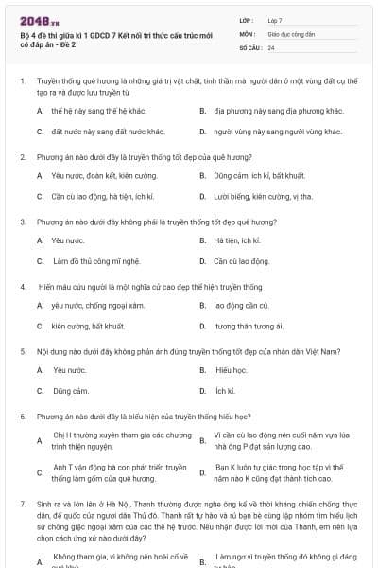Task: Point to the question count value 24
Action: [x=271, y=47]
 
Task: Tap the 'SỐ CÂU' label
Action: [x=249, y=47]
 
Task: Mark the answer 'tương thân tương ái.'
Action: [x=249, y=327]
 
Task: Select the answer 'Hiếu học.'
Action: [x=231, y=370]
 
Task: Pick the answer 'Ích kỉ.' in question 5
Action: [x=225, y=391]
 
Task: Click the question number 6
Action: [x=22, y=416]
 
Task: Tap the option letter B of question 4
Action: [x=202, y=306]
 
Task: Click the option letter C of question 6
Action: [x=40, y=472]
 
